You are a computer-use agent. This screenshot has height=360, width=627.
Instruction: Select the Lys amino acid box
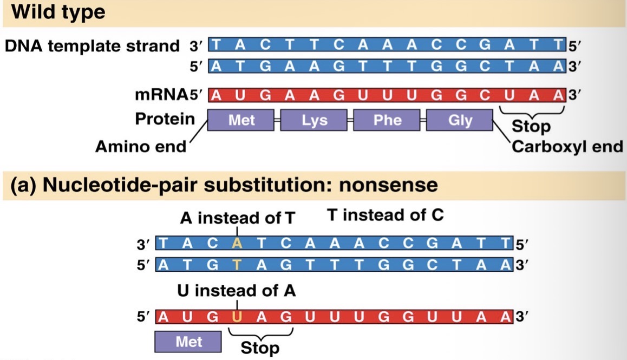click(x=314, y=120)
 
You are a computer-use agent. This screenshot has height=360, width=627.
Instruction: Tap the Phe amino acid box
click(x=387, y=120)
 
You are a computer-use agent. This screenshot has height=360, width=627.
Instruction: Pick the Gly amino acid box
click(x=460, y=120)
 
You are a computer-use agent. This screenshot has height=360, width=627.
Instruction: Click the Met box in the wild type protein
click(x=241, y=120)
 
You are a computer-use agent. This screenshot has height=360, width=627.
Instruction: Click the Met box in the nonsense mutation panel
click(x=188, y=342)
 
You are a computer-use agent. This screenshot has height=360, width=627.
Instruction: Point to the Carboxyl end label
click(x=567, y=147)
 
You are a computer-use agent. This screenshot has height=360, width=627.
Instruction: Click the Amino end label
click(x=140, y=147)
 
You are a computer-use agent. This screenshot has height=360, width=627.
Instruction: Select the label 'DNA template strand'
click(x=92, y=46)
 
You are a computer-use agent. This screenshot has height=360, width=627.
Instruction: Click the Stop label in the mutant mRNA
click(x=260, y=347)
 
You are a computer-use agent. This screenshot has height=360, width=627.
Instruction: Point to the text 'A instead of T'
click(x=238, y=218)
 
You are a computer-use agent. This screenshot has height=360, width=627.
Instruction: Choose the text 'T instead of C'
click(x=386, y=215)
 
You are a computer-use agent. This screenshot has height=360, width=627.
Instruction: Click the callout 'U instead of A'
click(x=237, y=291)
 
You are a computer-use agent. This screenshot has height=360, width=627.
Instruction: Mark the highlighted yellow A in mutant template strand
click(x=237, y=243)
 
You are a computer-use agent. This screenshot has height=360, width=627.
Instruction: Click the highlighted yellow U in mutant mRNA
click(x=237, y=317)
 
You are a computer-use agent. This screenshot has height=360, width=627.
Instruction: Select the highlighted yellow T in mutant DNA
click(x=237, y=264)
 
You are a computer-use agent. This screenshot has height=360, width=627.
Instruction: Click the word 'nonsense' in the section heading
click(x=388, y=185)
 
